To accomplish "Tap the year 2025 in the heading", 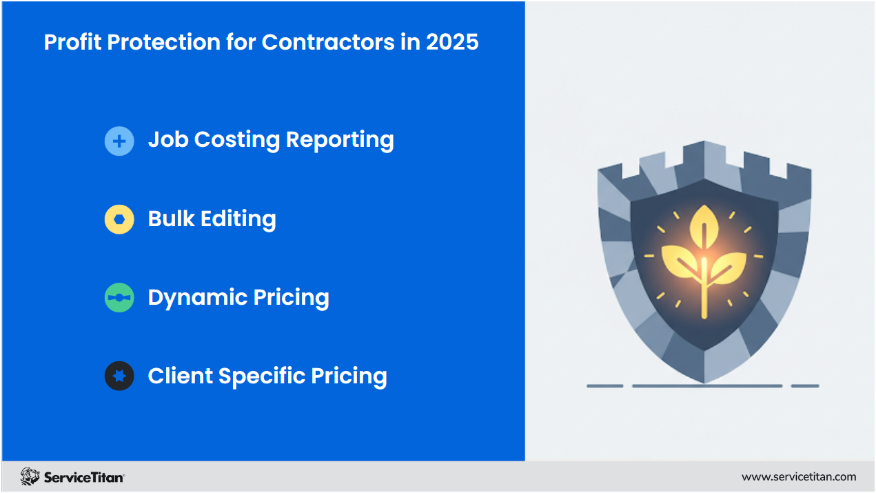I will pos(452,42).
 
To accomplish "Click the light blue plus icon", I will pos(119,141).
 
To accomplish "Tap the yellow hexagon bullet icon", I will pos(119,220).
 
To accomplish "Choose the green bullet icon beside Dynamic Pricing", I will pos(119,298).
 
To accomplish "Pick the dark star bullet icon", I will pos(119,376).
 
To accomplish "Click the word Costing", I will pos(236,140).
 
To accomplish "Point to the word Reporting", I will pos(340,140).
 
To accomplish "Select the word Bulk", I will pos(171,219).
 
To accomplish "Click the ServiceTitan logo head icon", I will pos(30,476).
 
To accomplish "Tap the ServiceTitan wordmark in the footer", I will pos(84,477).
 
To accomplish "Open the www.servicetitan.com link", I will pos(798,476).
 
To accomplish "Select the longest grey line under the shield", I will pos(706,386).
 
